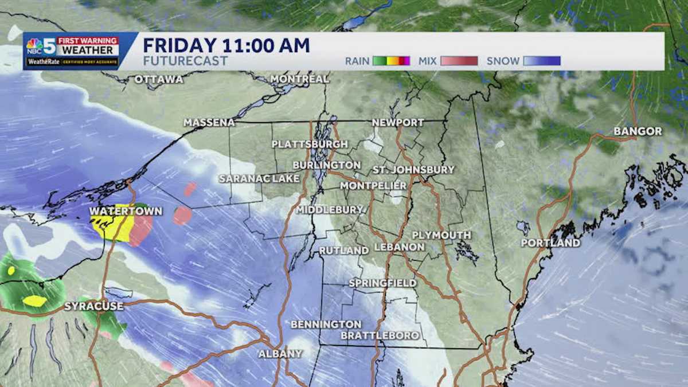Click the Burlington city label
point(326,165)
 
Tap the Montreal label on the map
point(299,79)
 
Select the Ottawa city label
point(159,80)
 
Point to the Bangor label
point(638,131)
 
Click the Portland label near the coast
point(550,243)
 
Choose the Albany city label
point(280,354)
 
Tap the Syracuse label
point(93,306)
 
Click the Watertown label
point(126,212)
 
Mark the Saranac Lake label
point(259,179)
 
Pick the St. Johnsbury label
point(413,170)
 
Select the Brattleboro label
point(380,335)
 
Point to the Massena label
point(209,123)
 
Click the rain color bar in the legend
point(391,61)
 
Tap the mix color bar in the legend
point(459,61)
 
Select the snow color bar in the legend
point(541,61)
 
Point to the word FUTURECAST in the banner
point(185,61)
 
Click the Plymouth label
point(441,235)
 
